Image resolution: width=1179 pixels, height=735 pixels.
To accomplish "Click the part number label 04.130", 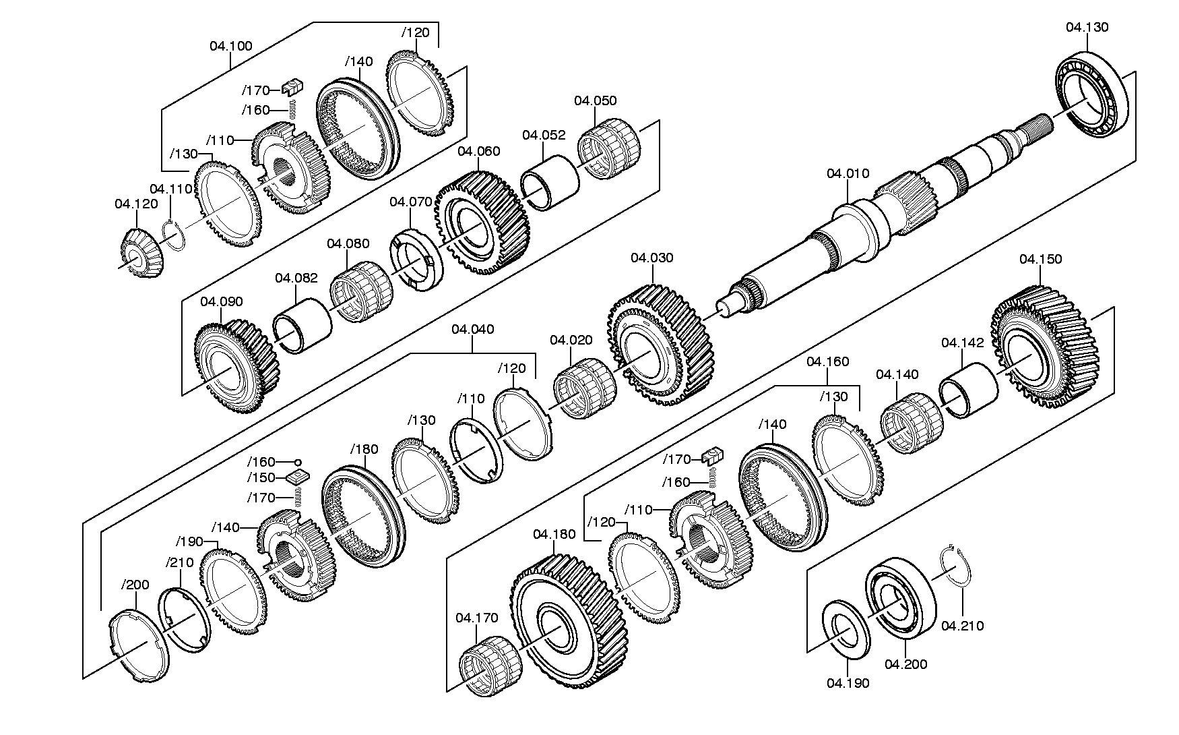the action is pyautogui.click(x=1087, y=28).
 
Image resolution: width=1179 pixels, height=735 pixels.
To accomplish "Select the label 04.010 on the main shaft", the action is pyautogui.click(x=848, y=173).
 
